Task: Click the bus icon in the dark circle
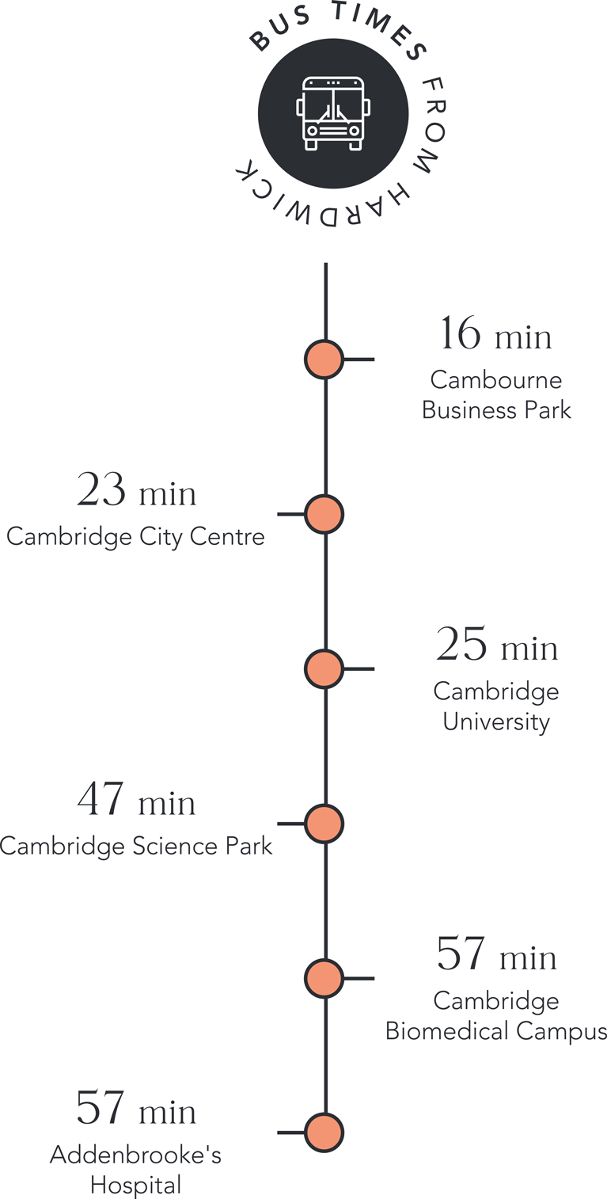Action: click(x=333, y=113)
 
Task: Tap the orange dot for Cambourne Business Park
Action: click(x=324, y=360)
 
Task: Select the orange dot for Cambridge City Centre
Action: click(x=324, y=514)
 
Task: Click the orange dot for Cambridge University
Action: click(x=324, y=668)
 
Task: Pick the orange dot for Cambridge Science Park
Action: click(x=324, y=824)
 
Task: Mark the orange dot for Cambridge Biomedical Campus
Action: click(x=324, y=978)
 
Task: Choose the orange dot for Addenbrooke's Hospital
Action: click(x=324, y=1132)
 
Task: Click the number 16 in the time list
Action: click(x=461, y=333)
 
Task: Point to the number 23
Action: click(x=101, y=489)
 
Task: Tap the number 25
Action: click(x=461, y=643)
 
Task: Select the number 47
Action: click(x=101, y=798)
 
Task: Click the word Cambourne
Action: click(x=496, y=380)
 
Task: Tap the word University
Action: click(x=496, y=722)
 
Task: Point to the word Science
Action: click(x=176, y=846)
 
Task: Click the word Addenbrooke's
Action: click(x=136, y=1155)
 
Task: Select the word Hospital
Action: click(x=136, y=1186)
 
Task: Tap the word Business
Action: click(x=469, y=410)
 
